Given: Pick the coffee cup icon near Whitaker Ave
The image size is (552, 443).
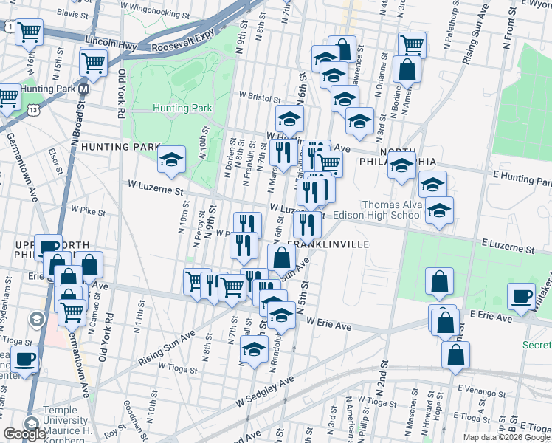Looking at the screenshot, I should pyautogui.click(x=522, y=295).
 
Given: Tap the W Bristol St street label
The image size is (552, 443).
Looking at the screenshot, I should pyautogui.click(x=260, y=96).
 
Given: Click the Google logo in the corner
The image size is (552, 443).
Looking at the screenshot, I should pyautogui.click(x=24, y=434).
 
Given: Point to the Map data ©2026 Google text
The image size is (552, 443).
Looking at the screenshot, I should pyautogui.click(x=506, y=437).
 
